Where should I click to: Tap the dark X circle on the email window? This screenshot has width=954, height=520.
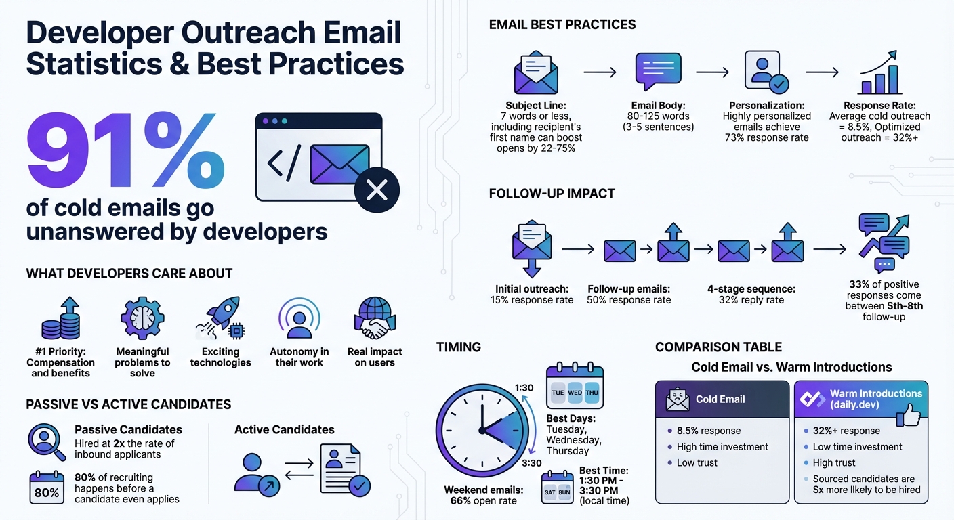coord(376,190)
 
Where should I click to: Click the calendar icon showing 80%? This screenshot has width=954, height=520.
coord(46,487)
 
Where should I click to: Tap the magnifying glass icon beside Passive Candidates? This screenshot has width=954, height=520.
coord(46,441)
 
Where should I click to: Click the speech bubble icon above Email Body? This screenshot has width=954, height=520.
coord(657,72)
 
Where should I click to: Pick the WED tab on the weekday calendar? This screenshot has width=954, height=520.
coord(575,393)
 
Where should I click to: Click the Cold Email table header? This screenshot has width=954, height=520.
coord(722,399)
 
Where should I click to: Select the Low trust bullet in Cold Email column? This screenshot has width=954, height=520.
coord(697,463)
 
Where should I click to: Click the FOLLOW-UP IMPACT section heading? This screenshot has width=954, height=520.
coord(552,194)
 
